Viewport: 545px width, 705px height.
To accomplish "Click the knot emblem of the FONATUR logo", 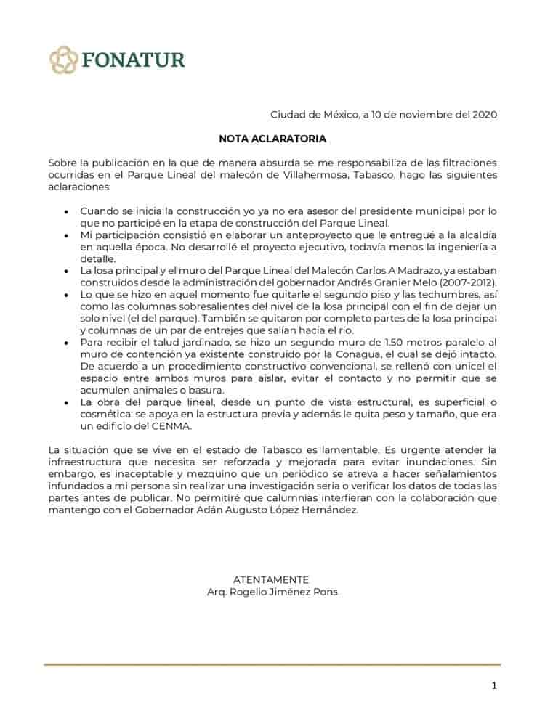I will click(63, 60).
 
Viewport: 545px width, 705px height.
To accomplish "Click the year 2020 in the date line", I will click(485, 114).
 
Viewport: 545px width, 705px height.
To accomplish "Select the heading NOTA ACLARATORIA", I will click(272, 138).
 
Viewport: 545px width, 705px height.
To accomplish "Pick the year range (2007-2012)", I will click(460, 282).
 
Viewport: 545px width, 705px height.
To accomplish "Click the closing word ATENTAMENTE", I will click(271, 579).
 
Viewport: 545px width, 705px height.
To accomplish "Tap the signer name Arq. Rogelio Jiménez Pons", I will click(272, 591).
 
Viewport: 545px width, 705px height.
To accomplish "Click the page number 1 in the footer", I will click(494, 685).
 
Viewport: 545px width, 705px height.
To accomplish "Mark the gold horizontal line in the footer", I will click(272, 664).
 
